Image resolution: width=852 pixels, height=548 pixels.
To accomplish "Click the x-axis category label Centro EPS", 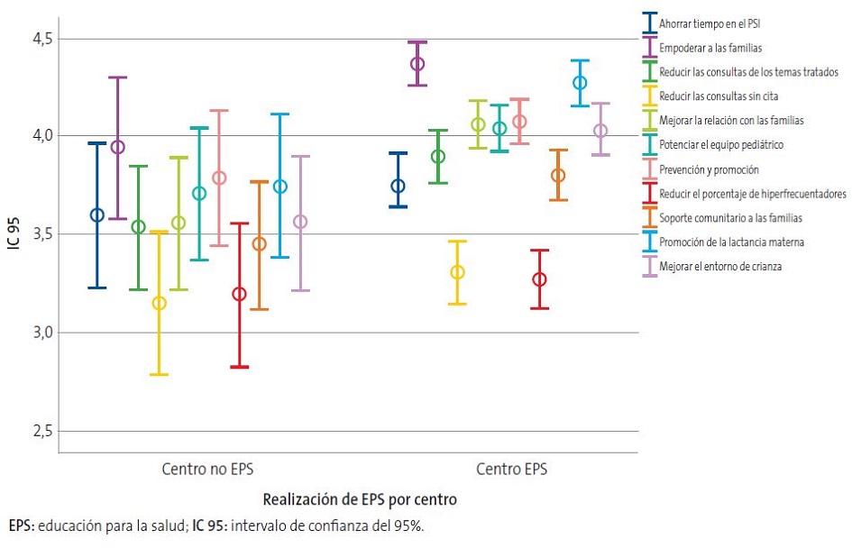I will coord(511,470).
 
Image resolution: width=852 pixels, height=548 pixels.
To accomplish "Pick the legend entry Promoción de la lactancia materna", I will coord(730,242).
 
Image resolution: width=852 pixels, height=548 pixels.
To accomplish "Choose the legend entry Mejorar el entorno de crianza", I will coord(719,266).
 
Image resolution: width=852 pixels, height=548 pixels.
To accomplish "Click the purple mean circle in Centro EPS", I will coord(417,64).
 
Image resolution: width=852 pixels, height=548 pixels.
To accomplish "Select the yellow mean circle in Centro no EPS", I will coord(159,303).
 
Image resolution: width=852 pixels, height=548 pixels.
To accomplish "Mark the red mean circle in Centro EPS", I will coord(539,279).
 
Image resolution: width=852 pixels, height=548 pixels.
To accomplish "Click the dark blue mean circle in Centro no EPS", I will coord(97,215).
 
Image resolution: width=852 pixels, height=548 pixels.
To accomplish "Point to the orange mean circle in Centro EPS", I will coord(559,175).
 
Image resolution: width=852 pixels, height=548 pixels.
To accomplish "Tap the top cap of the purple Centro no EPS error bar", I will coord(117,78).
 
